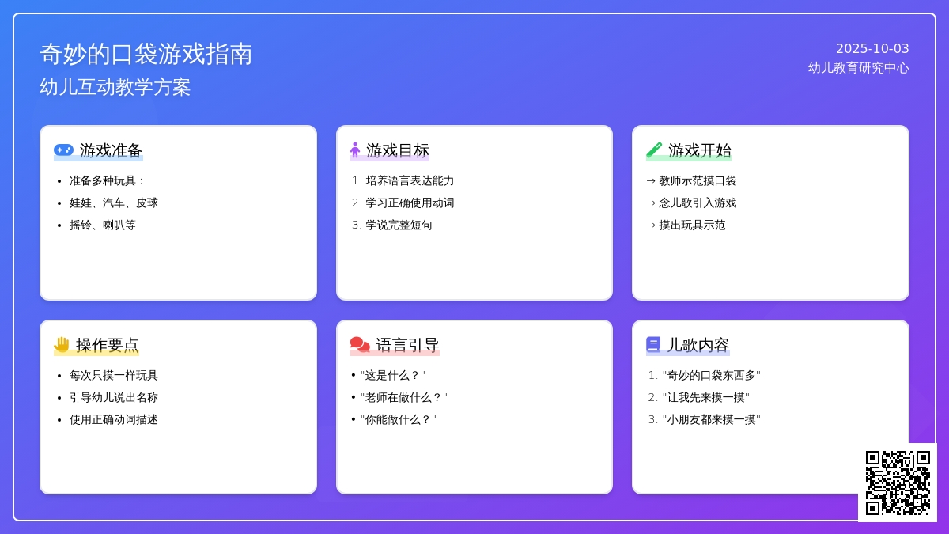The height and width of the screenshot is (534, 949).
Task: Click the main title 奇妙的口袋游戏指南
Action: point(146,54)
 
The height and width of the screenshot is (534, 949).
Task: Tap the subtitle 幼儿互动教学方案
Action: point(115,87)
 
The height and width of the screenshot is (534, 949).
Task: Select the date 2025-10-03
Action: point(872,49)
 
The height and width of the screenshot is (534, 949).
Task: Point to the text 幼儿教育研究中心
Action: point(858,68)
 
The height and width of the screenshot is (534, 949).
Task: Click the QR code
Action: point(898,483)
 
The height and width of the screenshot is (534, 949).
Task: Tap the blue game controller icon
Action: point(63,150)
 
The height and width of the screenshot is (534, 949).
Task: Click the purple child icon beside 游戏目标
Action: point(355,150)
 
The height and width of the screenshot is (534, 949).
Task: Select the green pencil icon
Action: point(654,150)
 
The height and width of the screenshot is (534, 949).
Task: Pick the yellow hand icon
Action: point(62,345)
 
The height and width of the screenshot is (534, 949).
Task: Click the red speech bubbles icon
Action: point(360,345)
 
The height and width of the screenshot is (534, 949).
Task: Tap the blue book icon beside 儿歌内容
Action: point(653,345)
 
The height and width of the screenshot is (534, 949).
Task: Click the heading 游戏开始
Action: point(699,150)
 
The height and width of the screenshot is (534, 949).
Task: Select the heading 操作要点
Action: point(108,345)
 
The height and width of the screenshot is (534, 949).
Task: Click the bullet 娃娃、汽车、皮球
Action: point(114,203)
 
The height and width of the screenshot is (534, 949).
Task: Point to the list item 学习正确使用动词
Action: point(410,203)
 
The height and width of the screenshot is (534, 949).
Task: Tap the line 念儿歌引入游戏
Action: point(698,203)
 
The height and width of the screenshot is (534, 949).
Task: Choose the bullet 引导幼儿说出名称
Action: point(114,397)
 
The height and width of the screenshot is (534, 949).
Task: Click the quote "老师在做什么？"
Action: point(404,397)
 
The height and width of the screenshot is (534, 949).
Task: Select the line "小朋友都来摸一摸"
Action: point(711,419)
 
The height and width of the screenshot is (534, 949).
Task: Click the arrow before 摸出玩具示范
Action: point(651,225)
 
